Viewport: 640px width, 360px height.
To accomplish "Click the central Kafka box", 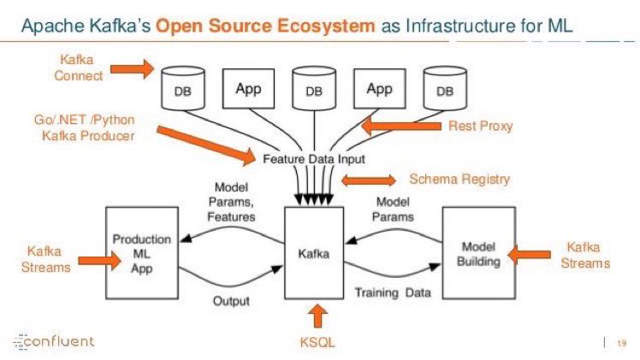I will pyautogui.click(x=314, y=253).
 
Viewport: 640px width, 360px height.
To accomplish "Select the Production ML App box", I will pyautogui.click(x=141, y=253).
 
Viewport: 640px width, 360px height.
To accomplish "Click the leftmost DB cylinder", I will pyautogui.click(x=182, y=91).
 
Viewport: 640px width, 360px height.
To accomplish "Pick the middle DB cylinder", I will pyautogui.click(x=314, y=91).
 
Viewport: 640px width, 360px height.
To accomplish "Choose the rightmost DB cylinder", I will pyautogui.click(x=445, y=91).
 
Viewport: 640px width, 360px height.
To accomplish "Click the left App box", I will pyautogui.click(x=248, y=88).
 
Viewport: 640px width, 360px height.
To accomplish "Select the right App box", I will pyautogui.click(x=379, y=88).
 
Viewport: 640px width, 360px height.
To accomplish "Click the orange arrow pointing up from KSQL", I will pyautogui.click(x=320, y=316).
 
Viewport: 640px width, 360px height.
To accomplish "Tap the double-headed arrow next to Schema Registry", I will pyautogui.click(x=369, y=180).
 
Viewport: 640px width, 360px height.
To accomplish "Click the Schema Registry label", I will pyautogui.click(x=459, y=179).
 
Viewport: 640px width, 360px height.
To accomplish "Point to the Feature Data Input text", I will pyautogui.click(x=312, y=159).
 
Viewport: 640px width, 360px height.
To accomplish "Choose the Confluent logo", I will pyautogui.click(x=55, y=342).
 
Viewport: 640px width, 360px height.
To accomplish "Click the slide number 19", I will pyautogui.click(x=621, y=343).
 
